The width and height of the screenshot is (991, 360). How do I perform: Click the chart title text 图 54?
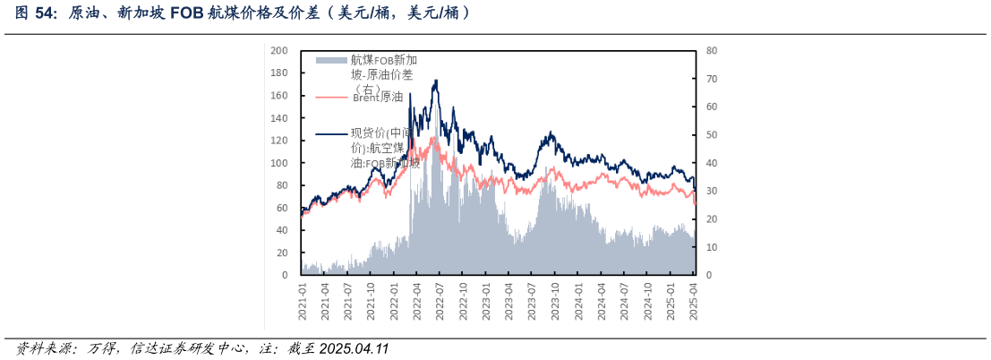point(34,13)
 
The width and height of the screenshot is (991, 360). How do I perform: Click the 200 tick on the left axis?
point(279,51)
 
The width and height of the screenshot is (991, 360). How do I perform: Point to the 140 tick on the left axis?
point(279,118)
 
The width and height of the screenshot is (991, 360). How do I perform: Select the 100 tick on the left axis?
point(279,163)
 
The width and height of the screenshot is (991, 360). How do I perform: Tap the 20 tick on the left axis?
point(282,253)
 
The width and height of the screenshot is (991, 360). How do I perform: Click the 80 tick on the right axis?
point(711,51)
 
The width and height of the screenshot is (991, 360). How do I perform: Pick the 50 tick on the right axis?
point(711,135)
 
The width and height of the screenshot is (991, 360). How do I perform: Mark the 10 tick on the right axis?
point(711,247)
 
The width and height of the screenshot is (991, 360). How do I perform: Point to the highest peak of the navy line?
point(436,80)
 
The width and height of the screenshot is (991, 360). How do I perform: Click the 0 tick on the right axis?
point(708,275)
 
